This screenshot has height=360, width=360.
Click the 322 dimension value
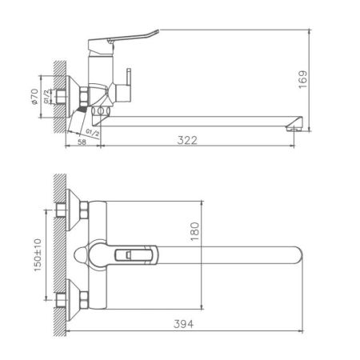pos(186,141)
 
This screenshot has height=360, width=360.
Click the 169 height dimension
pos(322,78)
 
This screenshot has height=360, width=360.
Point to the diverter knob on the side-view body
pos(126,84)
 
